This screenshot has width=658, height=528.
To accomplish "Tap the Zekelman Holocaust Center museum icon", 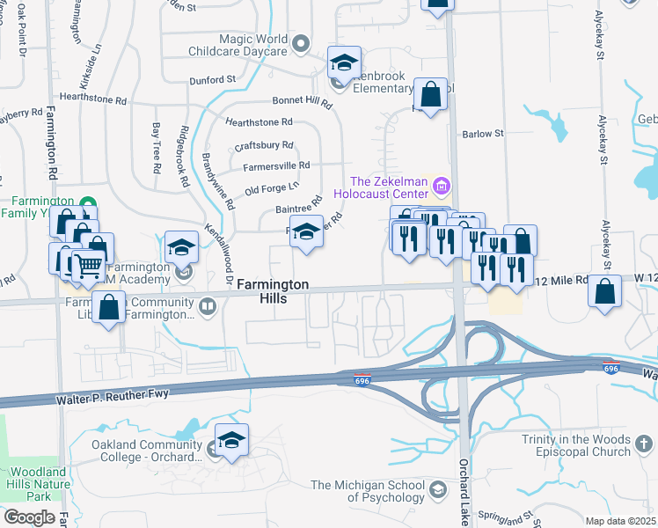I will coord(442,187).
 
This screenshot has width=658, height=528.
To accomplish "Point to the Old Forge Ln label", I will coord(272,187).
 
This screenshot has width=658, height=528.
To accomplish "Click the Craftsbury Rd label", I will coord(264,145).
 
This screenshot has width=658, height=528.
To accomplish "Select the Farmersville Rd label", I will coord(276,165).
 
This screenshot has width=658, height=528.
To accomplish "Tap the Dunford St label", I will coord(213,79).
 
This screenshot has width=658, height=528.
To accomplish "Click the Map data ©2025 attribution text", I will coord(620,521).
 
